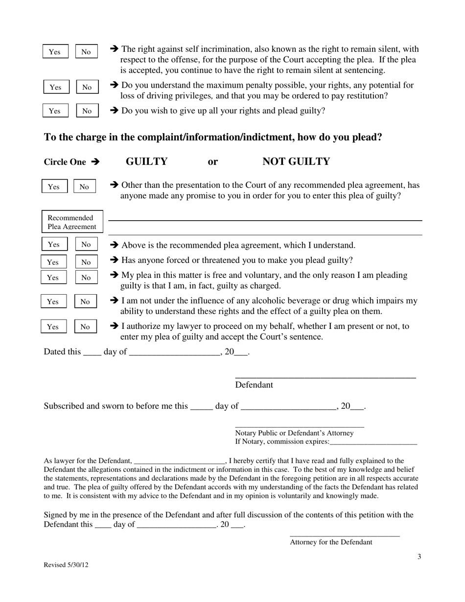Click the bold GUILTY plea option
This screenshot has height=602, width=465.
tap(146, 162)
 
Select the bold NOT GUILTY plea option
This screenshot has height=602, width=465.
tap(296, 162)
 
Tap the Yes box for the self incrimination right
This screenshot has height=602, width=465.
tap(55, 51)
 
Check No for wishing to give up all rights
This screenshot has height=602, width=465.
tap(87, 111)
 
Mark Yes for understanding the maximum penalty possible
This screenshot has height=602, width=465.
tap(56, 87)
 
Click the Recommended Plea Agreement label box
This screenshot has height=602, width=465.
tap(72, 222)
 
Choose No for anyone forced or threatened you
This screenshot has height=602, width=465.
tap(86, 262)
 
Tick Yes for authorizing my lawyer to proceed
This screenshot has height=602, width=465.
tap(53, 326)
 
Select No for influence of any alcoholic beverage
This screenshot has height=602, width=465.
tap(85, 301)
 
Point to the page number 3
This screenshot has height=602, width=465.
tap(419, 556)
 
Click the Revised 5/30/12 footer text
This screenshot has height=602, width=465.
tap(66, 565)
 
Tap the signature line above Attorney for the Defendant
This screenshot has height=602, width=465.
tap(345, 536)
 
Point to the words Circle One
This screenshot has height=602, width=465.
tap(65, 162)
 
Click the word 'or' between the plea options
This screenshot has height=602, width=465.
tap(213, 162)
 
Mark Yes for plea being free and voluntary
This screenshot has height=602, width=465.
tap(53, 278)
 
